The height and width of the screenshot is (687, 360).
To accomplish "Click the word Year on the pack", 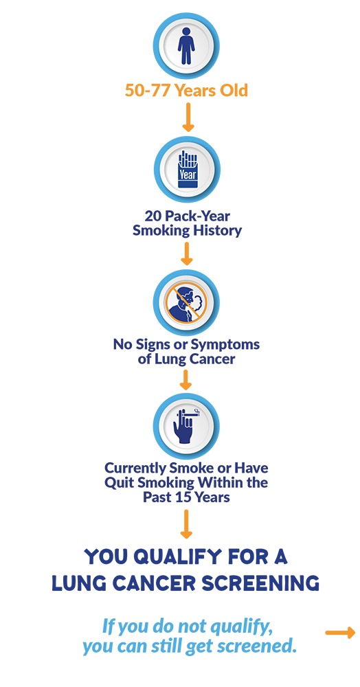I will [x=187, y=174].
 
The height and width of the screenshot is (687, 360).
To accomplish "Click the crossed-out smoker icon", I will [x=183, y=303].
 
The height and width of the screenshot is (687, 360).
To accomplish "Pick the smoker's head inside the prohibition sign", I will [x=180, y=297].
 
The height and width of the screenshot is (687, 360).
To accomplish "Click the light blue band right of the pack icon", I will [x=289, y=172].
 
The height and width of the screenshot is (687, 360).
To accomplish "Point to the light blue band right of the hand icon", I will [x=289, y=426].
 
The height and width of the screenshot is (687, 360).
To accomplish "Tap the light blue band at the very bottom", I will [x=206, y=639].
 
